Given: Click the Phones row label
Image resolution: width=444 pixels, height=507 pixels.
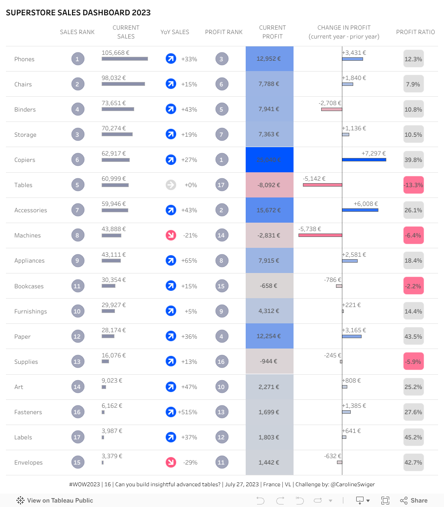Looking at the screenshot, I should click(x=24, y=59).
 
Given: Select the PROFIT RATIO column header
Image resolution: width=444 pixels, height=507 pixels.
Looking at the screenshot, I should click(x=415, y=32).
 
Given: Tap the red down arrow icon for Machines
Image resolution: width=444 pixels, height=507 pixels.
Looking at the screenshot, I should click(x=171, y=235).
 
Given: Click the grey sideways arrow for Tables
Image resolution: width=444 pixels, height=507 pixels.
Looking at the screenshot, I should click(x=171, y=185).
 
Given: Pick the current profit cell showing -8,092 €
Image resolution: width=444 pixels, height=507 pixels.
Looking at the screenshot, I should click(x=269, y=185).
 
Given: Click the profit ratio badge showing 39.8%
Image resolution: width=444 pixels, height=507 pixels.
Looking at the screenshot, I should click(x=413, y=160).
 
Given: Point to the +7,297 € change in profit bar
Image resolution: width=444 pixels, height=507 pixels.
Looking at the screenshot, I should click(x=364, y=159).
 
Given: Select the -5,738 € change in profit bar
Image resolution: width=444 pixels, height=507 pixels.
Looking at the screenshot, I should click(x=320, y=235).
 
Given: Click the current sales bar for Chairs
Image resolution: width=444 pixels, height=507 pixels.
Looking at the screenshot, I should click(x=123, y=84).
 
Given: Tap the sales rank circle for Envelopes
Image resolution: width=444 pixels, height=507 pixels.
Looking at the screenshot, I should click(x=77, y=463).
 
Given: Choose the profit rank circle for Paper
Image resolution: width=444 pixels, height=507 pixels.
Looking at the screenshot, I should click(x=222, y=337).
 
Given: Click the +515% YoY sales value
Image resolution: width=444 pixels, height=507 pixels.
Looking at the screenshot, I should click(x=187, y=412).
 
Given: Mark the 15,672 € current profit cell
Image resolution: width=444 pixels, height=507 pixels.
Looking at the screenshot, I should click(x=269, y=210).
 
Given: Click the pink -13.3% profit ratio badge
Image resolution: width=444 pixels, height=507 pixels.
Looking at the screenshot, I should click(x=413, y=185).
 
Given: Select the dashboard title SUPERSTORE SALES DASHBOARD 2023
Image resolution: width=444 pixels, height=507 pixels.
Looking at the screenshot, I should click(x=78, y=13).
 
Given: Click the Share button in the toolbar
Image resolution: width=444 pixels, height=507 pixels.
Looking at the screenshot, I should click(x=414, y=501).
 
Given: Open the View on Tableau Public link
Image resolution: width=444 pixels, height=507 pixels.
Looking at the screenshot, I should click(x=55, y=501).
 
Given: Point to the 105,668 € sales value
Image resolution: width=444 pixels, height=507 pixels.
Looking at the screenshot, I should click(x=115, y=53).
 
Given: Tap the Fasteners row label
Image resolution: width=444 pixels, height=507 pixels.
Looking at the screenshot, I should click(x=28, y=412).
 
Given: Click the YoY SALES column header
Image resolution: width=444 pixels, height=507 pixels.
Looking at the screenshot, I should click(x=175, y=32).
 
